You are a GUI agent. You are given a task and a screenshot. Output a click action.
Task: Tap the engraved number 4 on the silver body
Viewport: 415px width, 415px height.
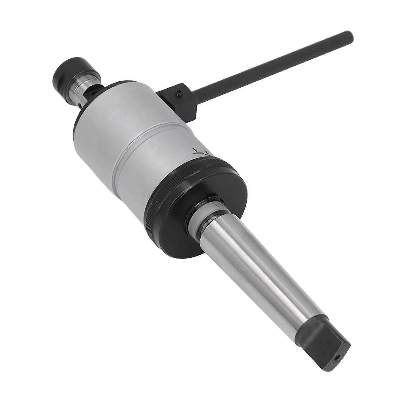click(195, 150)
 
